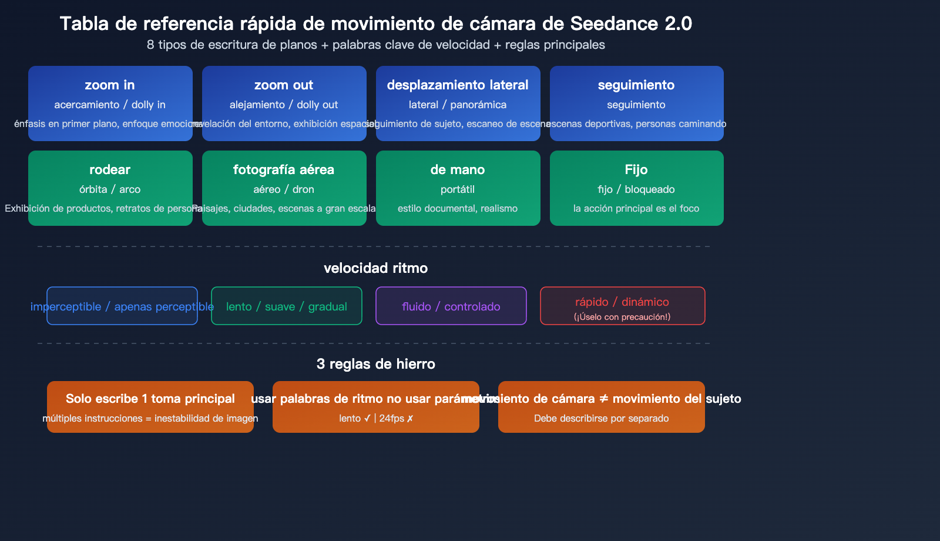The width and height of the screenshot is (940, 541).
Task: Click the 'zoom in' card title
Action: (110, 85)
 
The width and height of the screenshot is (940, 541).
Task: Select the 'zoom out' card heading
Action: (284, 85)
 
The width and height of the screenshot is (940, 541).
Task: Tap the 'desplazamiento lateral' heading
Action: (458, 85)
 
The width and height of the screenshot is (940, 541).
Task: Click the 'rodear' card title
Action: (110, 170)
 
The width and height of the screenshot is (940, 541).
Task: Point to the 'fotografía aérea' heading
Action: (284, 170)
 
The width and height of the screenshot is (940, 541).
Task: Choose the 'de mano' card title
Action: (458, 170)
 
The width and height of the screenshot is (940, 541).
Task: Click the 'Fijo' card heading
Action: (636, 170)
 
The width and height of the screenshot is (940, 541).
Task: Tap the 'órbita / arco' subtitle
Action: (110, 189)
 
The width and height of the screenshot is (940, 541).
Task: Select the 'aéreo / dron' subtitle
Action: (284, 189)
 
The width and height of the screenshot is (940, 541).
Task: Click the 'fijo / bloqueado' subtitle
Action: (636, 189)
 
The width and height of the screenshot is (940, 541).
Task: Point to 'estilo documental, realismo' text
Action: (458, 208)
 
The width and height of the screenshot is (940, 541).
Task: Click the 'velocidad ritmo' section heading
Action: (376, 268)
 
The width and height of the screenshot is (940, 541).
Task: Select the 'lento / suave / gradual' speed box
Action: (287, 306)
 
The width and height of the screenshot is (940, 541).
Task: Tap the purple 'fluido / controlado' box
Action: (451, 306)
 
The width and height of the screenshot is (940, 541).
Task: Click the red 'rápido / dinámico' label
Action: (622, 302)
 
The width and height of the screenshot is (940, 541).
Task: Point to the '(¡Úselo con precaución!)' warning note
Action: (622, 317)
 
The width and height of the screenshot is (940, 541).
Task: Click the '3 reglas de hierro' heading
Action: (376, 364)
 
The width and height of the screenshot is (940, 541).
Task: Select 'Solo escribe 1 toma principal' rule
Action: (150, 399)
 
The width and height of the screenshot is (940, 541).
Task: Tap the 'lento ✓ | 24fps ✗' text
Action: (376, 419)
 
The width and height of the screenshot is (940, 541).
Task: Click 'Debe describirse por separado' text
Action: (602, 419)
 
